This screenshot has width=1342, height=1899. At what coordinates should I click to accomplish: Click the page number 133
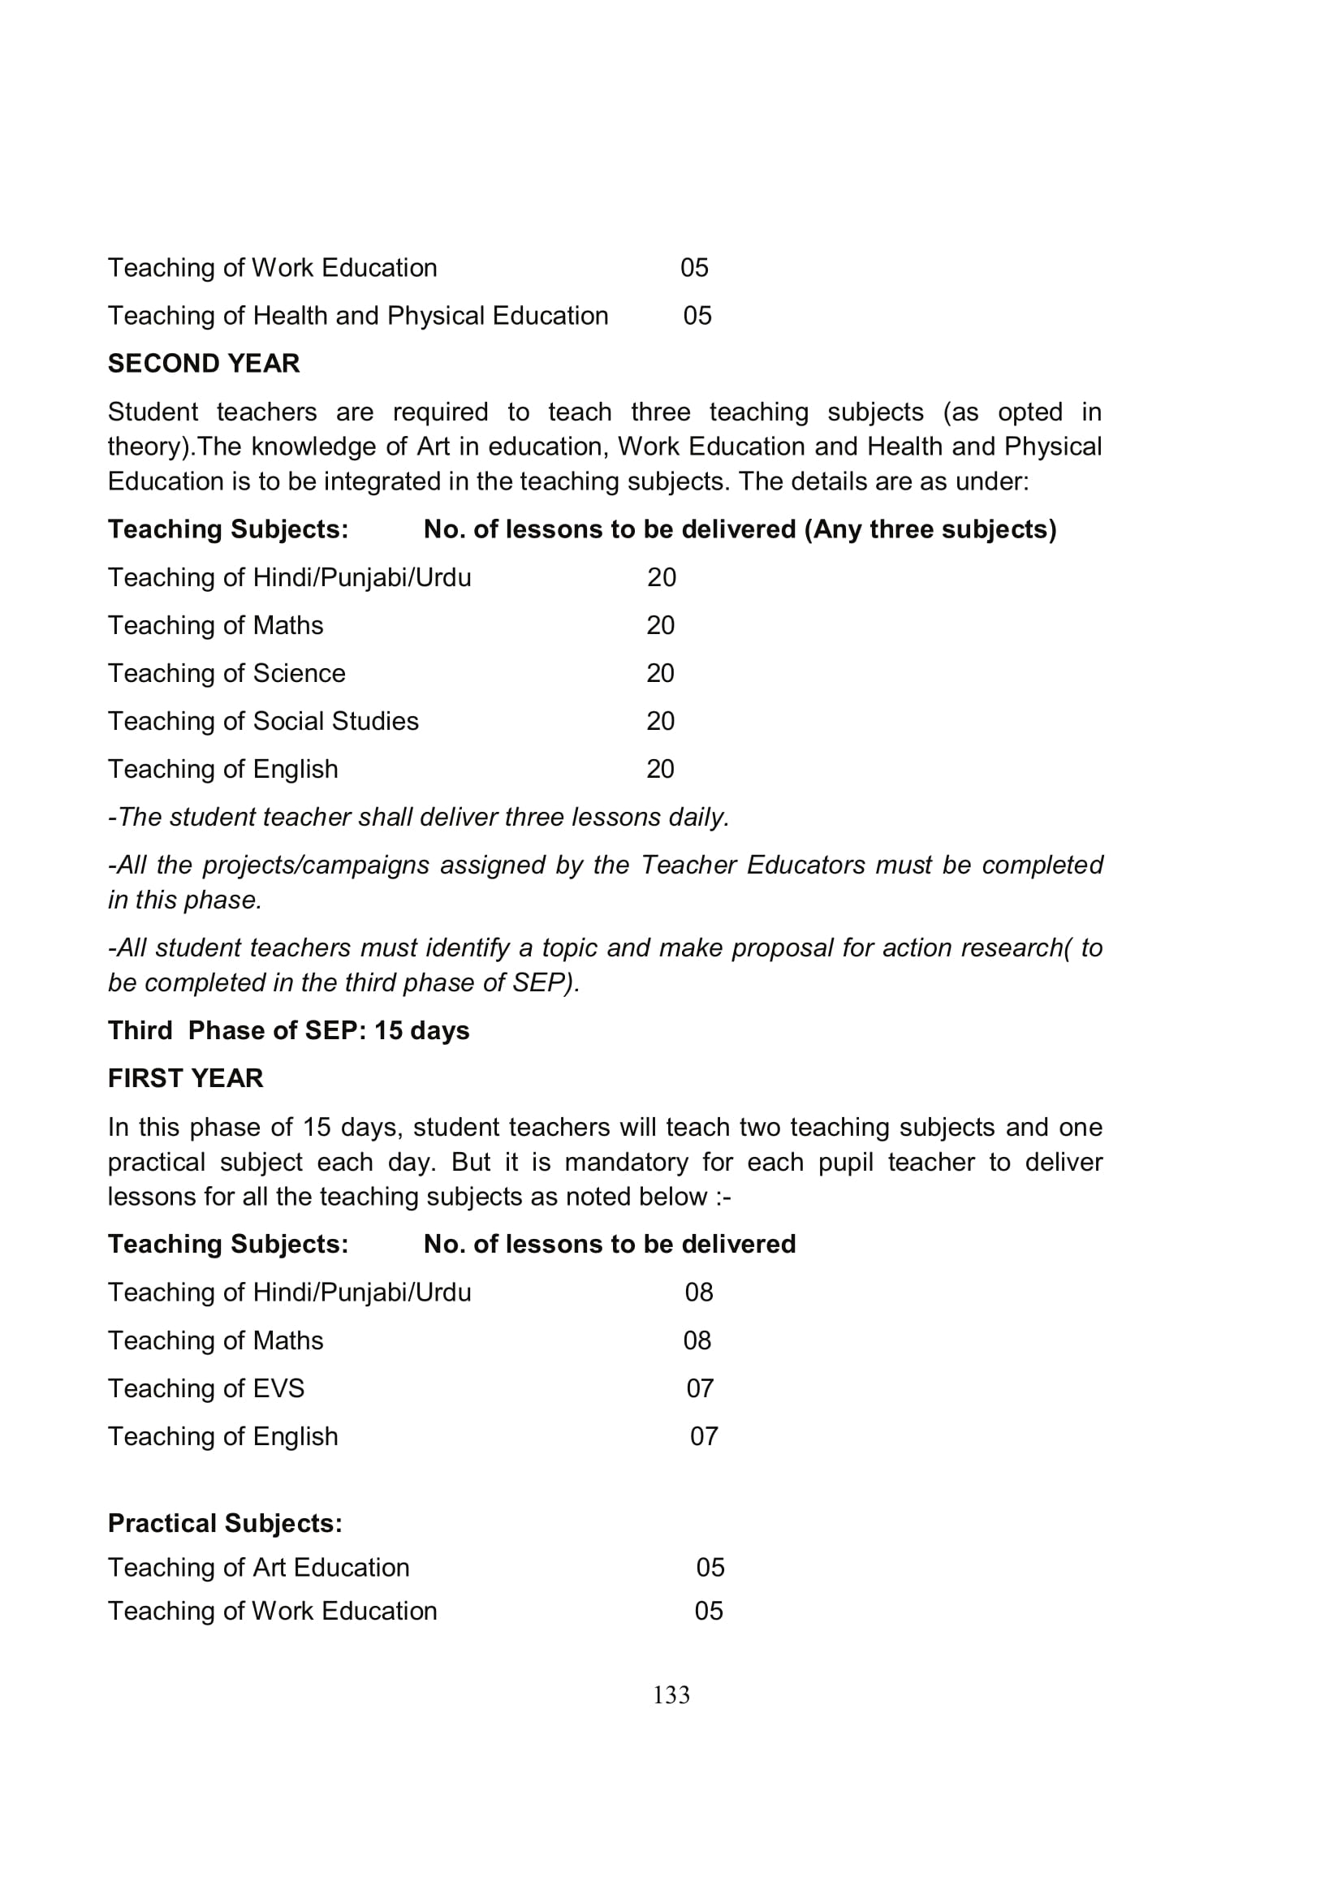pos(671,1694)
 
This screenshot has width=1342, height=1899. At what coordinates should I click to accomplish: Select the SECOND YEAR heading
pos(204,363)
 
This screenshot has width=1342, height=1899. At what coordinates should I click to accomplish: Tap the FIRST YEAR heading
pos(185,1077)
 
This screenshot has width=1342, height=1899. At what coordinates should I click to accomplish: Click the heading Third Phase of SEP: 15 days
pos(288,1030)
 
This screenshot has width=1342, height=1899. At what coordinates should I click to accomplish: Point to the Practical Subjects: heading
pos(225,1522)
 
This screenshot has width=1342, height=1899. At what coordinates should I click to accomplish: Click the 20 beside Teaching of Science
pos(660,673)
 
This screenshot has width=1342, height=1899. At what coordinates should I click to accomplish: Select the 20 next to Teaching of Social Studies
pos(660,721)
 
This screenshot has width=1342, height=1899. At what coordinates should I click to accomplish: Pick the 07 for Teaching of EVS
pos(700,1388)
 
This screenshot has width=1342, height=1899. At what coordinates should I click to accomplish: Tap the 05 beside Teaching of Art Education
pos(710,1567)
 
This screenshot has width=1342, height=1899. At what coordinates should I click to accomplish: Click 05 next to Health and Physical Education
pos(697,316)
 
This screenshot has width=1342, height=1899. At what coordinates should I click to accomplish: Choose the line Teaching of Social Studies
pos(263,721)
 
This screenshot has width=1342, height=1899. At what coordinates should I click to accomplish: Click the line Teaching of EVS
pos(206,1388)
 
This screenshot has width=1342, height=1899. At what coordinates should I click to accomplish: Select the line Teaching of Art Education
pos(259,1567)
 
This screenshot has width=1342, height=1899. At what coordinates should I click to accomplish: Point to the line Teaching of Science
pos(227,673)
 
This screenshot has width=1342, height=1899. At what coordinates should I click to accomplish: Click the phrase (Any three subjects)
pos(930,529)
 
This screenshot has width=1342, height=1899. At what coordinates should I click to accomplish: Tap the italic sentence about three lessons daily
pos(418,818)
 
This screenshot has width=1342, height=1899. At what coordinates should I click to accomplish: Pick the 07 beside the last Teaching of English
pos(704,1436)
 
